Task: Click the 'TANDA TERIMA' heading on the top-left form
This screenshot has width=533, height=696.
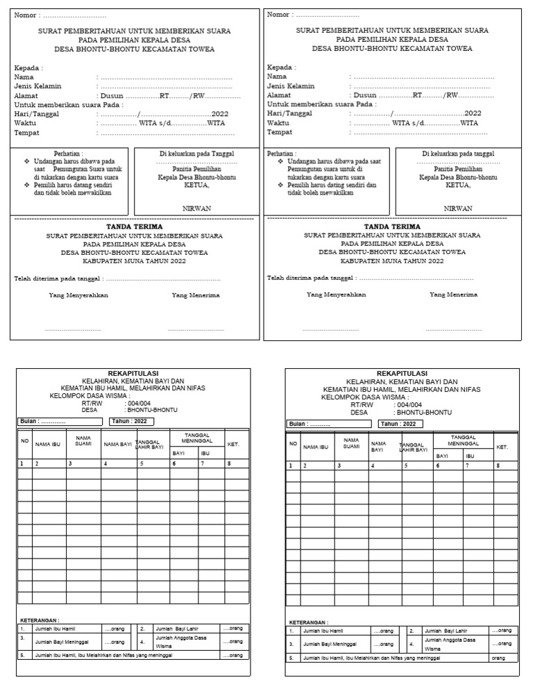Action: coord(134,226)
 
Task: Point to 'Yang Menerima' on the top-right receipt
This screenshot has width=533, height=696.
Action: coord(453,295)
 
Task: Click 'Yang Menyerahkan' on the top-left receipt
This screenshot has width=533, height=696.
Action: coord(78,295)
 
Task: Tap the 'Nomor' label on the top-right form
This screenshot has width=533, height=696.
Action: coord(278,15)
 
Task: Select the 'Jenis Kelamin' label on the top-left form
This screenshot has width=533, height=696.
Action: coord(37,86)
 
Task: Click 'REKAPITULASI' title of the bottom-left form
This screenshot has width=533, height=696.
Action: coord(133,374)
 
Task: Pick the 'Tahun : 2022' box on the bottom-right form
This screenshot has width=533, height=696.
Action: coord(400,424)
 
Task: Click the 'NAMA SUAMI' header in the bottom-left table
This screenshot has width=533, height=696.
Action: coord(83,442)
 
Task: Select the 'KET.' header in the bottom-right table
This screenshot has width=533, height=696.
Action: coord(502,447)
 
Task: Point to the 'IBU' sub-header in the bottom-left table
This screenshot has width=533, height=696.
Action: coord(205,453)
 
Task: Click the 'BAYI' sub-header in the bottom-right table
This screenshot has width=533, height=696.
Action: coord(442,456)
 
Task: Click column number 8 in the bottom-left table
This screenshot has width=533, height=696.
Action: coord(228,463)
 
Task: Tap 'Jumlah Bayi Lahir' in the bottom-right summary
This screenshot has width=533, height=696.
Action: coord(447,631)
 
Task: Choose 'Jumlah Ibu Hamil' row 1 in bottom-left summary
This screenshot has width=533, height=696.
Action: coord(53,628)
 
